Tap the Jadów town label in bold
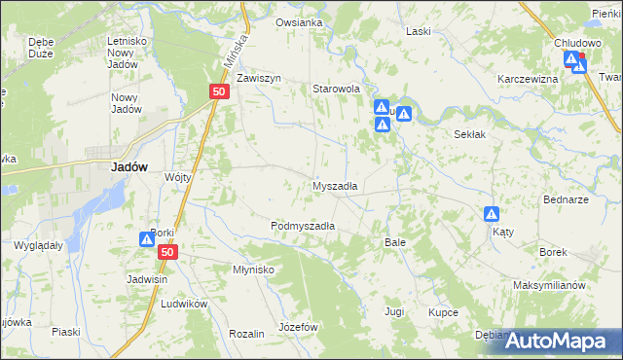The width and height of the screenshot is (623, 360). (x=129, y=166)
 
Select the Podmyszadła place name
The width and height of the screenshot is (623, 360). (x=303, y=226)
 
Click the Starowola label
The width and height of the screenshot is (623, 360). (x=336, y=89)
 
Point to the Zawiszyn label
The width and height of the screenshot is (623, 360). (x=258, y=78)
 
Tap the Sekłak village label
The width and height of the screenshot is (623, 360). (x=469, y=135)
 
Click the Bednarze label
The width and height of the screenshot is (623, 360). (x=566, y=199)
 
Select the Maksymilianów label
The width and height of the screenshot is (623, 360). (x=549, y=286)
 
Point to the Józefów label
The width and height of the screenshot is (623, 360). (x=299, y=327)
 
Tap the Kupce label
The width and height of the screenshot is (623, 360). (x=442, y=312)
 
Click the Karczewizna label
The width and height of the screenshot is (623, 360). (x=527, y=79)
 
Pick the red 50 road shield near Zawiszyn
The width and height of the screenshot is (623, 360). (x=218, y=91)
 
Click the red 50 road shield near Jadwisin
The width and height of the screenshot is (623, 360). (x=169, y=252)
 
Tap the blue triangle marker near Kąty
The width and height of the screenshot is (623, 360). (x=493, y=214)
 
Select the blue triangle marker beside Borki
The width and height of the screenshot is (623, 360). (x=147, y=237)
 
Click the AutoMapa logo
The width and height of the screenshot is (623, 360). (x=558, y=341)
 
